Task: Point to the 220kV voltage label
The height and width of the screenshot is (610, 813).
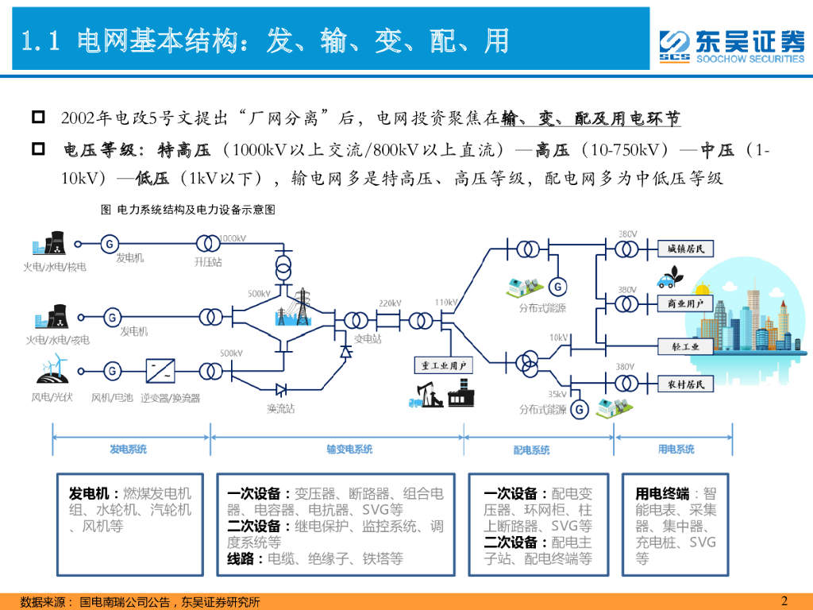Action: pyautogui.click(x=389, y=303)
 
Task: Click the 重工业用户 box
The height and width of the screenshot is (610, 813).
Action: pyautogui.click(x=443, y=365)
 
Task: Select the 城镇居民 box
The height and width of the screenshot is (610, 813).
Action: pyautogui.click(x=686, y=249)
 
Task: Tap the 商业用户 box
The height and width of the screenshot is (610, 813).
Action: pyautogui.click(x=686, y=303)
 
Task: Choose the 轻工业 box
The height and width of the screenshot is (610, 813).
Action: pyautogui.click(x=686, y=346)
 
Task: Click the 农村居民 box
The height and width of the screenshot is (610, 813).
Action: pyautogui.click(x=686, y=384)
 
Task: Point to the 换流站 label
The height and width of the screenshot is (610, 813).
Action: pyautogui.click(x=280, y=408)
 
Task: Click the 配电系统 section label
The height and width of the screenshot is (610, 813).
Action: pyautogui.click(x=531, y=450)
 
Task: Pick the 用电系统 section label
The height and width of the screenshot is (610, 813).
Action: pyautogui.click(x=676, y=450)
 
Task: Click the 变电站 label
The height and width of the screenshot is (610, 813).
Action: pyautogui.click(x=368, y=338)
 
